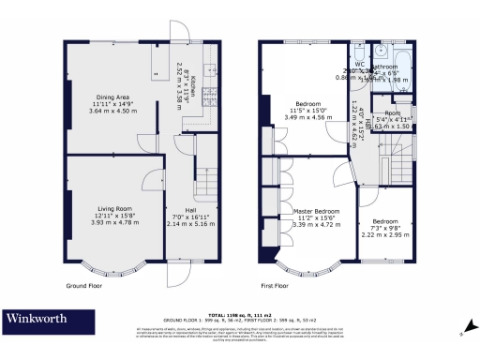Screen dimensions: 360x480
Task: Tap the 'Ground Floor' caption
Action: point(82,284)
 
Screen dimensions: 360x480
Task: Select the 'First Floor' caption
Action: point(273,284)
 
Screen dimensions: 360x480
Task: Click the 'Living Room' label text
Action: point(112,209)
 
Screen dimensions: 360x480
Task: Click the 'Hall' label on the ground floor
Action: point(190,209)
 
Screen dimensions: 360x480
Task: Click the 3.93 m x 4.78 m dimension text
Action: point(112,222)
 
